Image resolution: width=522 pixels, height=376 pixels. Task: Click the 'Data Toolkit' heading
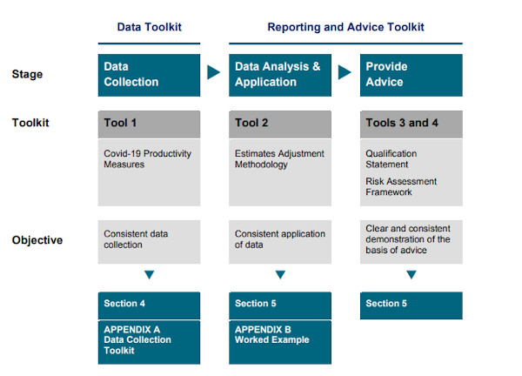149,27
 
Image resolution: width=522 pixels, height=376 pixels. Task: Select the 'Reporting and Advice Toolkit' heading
345,27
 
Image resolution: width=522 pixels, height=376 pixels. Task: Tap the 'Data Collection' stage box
149,75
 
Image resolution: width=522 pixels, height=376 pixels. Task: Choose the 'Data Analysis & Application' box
280,75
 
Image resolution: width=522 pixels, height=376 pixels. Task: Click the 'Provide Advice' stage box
412,75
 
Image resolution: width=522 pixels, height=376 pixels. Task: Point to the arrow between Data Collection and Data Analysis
213,72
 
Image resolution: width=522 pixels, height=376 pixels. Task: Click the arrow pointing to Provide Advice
345,72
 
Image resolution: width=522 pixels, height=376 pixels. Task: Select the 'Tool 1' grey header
149,124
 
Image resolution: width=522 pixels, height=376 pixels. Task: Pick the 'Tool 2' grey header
280,124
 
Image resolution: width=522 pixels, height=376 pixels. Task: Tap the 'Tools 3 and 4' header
412,124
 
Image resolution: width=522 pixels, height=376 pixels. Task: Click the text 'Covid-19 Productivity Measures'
147,159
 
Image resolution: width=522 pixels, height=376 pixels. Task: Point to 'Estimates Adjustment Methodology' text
279,159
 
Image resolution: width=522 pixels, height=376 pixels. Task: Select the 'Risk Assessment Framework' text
401,186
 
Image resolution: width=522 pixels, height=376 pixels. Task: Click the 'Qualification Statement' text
391,159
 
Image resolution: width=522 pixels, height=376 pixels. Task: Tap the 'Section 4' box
149,305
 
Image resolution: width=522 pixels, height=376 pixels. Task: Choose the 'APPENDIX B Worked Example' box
280,342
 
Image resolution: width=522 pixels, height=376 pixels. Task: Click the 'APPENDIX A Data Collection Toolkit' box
149,342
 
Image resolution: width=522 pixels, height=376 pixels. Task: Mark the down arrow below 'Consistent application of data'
280,274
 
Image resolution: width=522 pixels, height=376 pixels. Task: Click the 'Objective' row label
37,240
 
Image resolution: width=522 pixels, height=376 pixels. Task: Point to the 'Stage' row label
27,74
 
